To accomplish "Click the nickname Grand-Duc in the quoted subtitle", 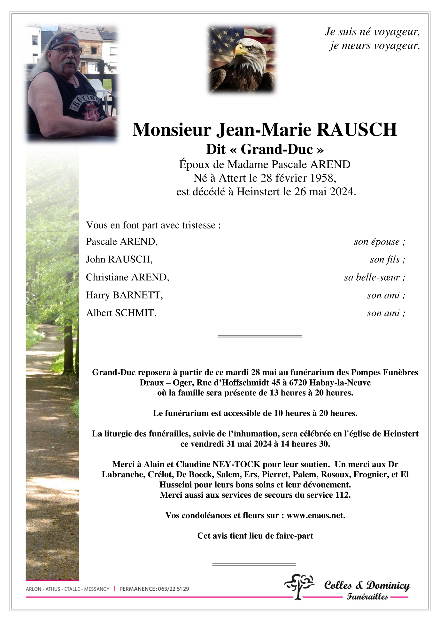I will (277, 149).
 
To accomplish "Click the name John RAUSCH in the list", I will (119, 259).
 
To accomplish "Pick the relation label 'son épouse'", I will (379, 242).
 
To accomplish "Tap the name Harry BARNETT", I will (124, 295).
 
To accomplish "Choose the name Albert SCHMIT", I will (121, 313).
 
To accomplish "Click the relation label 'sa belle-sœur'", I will (374, 277).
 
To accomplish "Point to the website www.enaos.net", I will (315, 515).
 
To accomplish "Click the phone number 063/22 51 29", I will (173, 589).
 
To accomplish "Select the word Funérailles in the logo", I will (367, 597).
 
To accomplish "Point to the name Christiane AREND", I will (127, 277).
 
